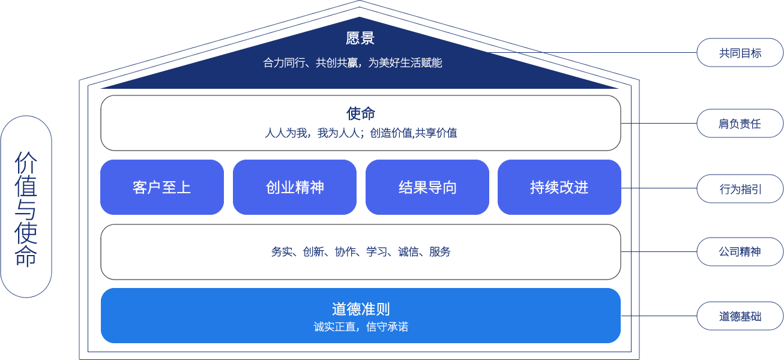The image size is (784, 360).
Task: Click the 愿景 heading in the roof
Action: (360, 38)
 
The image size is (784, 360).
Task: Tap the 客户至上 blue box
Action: (162, 187)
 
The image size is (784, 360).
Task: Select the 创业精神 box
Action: (295, 187)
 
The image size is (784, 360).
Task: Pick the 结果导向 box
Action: (427, 187)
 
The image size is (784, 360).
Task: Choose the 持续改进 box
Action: (559, 187)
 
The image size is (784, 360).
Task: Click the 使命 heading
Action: (361, 113)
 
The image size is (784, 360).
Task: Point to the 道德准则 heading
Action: (361, 309)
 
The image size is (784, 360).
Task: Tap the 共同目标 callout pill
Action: (740, 53)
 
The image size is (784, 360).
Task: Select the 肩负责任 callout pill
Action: (740, 124)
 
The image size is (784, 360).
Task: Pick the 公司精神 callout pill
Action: (740, 252)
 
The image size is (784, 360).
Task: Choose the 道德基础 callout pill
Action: (740, 316)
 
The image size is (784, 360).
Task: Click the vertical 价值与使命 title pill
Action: (26, 207)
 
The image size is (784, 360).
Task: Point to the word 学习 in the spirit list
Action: (376, 252)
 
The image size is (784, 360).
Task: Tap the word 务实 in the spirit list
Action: (282, 252)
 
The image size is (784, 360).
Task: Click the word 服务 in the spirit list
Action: (440, 252)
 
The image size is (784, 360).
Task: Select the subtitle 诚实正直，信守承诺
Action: (361, 327)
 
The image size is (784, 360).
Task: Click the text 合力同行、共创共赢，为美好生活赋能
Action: (352, 62)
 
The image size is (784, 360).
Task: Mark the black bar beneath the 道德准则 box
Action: (361, 344)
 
